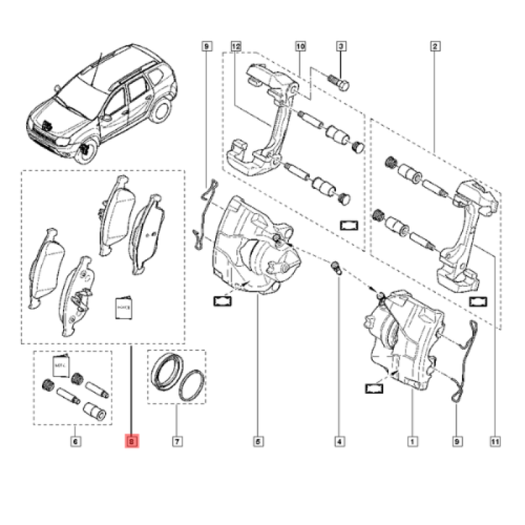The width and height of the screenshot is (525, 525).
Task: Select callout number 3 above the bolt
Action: [x=341, y=47]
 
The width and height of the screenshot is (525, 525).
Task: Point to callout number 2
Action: [x=435, y=47]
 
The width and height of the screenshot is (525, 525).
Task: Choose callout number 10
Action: [x=301, y=47]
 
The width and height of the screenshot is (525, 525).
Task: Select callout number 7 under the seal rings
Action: [x=177, y=442]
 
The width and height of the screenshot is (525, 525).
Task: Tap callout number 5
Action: [x=258, y=442]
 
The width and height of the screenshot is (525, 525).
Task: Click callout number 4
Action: [x=339, y=442]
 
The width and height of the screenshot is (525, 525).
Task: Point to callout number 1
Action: [x=412, y=442]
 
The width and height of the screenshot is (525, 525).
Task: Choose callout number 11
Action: [x=493, y=442]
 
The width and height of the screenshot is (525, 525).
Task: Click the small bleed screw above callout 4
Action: [x=335, y=267]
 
